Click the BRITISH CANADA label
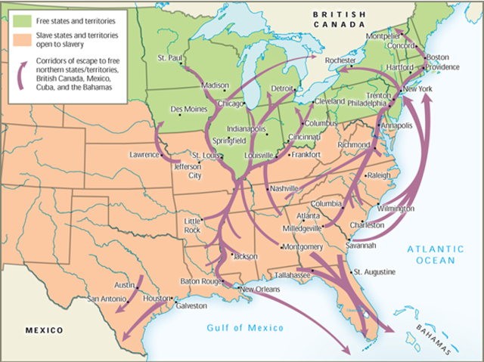(x=341, y=19)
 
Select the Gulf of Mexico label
(x=246, y=328)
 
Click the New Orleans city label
(x=260, y=289)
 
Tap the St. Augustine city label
(x=374, y=271)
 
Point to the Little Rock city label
(x=194, y=224)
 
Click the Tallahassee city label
(x=297, y=276)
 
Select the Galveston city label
(x=191, y=306)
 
